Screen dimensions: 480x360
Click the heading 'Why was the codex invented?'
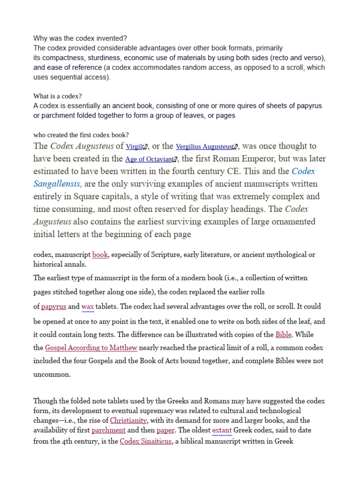(80, 38)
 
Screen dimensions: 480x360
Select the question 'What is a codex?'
(58, 96)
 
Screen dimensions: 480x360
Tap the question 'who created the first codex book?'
(81, 135)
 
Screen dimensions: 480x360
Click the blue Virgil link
(134, 147)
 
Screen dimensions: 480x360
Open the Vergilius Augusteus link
(204, 147)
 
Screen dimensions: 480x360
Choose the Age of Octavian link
(148, 159)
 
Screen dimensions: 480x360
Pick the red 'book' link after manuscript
(100, 255)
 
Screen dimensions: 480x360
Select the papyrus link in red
(53, 307)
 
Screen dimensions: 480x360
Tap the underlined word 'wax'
(88, 307)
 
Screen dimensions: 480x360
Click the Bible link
(283, 335)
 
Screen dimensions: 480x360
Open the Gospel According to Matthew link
(91, 348)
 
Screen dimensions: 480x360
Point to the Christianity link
(128, 420)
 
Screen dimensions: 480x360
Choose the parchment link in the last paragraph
(108, 430)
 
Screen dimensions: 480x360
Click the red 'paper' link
(165, 430)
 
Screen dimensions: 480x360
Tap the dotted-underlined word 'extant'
(222, 430)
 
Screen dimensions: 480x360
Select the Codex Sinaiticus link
(146, 441)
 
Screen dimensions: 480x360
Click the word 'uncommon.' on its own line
(52, 375)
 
